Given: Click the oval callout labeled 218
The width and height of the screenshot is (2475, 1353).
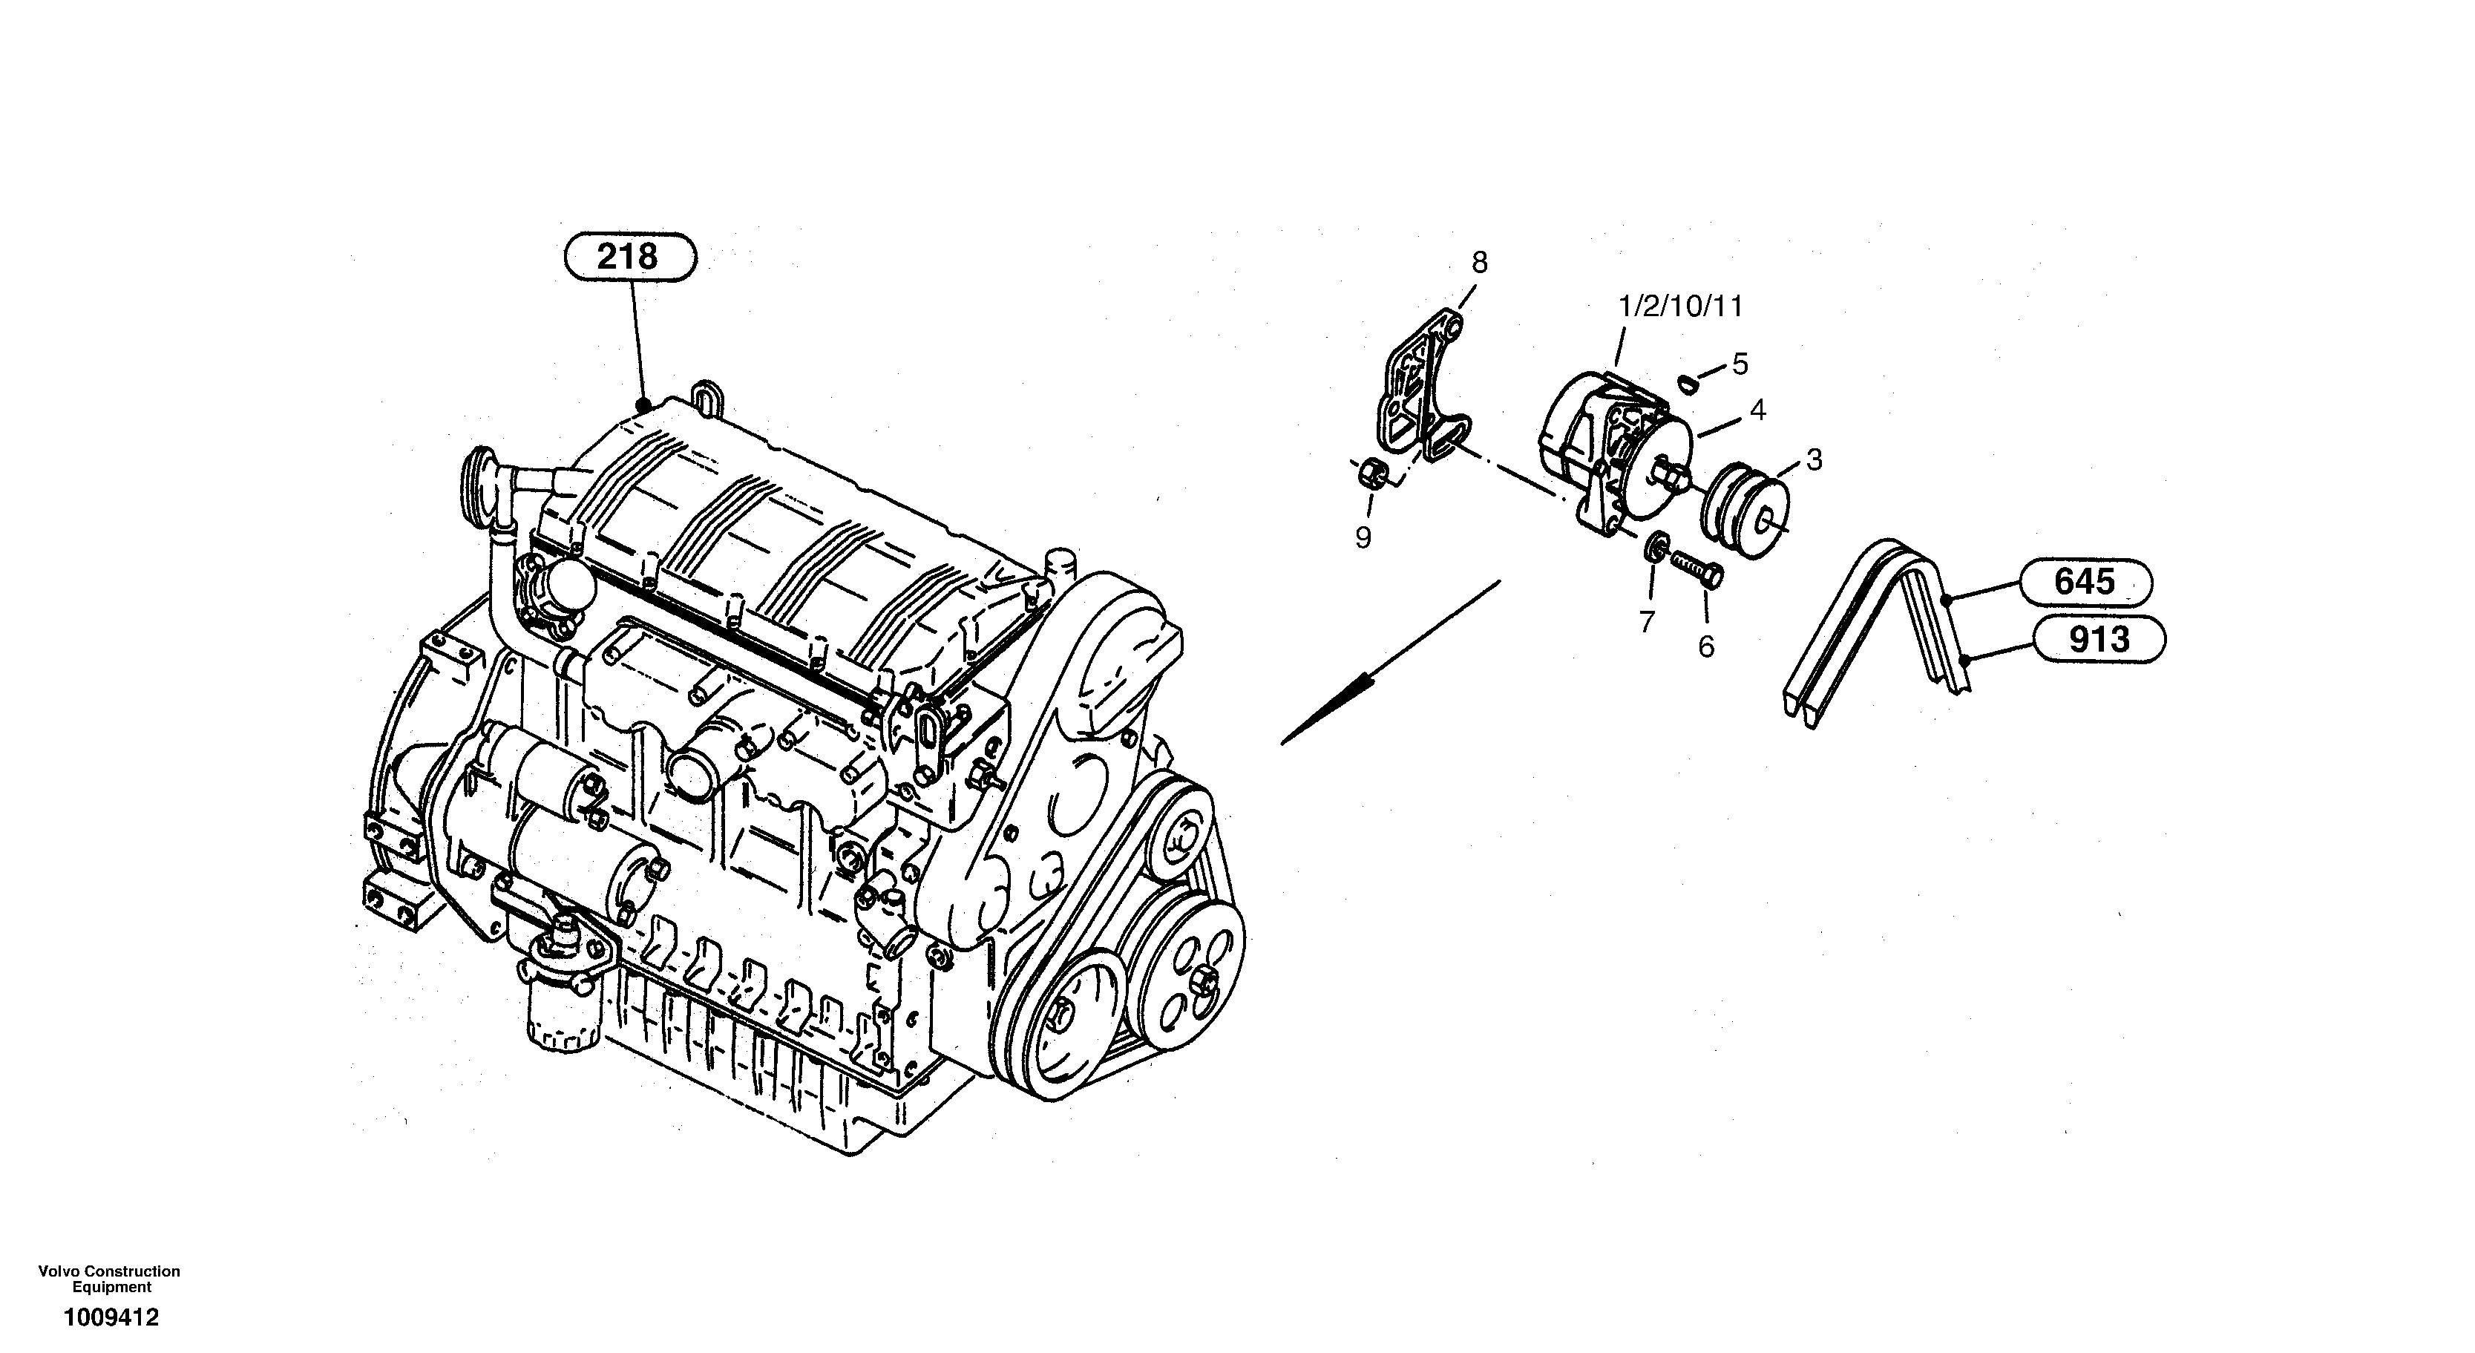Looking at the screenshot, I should pyautogui.click(x=629, y=257).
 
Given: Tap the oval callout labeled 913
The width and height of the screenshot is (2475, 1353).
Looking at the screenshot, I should pyautogui.click(x=2099, y=639).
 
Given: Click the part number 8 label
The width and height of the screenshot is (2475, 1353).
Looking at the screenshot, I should pyautogui.click(x=1480, y=261).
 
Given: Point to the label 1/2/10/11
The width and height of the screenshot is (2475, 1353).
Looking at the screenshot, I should pyautogui.click(x=1679, y=307).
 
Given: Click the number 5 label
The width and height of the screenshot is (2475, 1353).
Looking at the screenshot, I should pyautogui.click(x=1740, y=364).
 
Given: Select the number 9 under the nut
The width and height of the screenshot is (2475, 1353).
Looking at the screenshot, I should pyautogui.click(x=1363, y=538).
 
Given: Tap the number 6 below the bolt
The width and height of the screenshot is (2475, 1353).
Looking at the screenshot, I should pyautogui.click(x=1705, y=646).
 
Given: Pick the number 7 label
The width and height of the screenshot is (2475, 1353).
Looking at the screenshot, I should pyautogui.click(x=1647, y=623).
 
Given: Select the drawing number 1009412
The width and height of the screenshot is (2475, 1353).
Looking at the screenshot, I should pyautogui.click(x=111, y=1317).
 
